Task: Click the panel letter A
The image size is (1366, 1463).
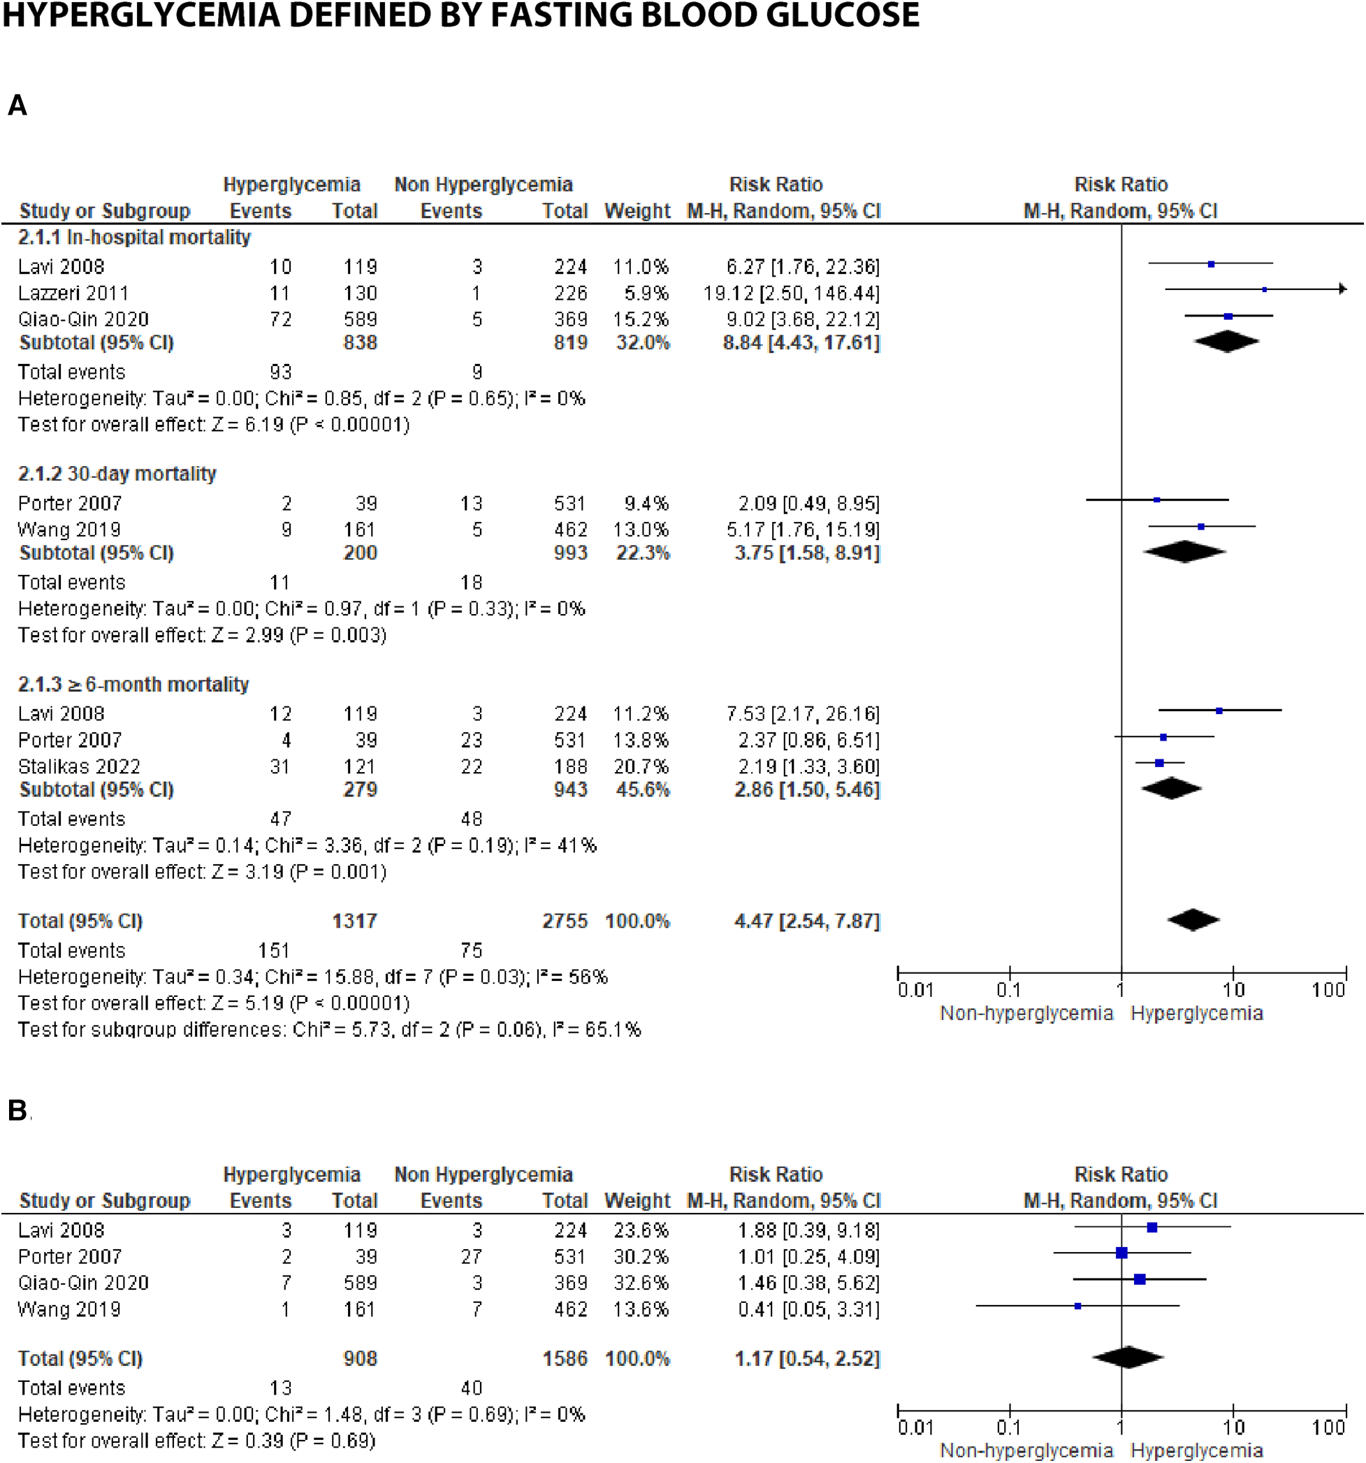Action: coord(17,105)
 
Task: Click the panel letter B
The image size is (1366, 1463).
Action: coord(17,1110)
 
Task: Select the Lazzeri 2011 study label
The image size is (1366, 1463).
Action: coord(73,293)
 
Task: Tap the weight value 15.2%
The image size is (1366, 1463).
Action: coord(641,319)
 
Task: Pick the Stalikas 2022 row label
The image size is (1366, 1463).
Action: coord(79,766)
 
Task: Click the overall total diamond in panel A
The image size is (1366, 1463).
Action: coord(1193,920)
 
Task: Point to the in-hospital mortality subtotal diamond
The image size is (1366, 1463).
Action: coord(1226,342)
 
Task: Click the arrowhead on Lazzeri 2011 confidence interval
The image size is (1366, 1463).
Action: coord(1342,289)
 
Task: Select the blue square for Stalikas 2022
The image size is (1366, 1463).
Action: coord(1159,763)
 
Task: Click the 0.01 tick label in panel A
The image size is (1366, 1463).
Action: coord(915,990)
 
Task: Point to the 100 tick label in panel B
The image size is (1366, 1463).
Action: coord(1328,1427)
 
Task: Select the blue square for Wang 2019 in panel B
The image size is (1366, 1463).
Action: coord(1077,1306)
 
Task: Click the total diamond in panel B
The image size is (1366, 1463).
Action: coord(1128,1358)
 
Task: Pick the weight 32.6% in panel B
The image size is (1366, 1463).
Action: coord(641,1283)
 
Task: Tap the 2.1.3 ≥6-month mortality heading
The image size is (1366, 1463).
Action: coord(133,684)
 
